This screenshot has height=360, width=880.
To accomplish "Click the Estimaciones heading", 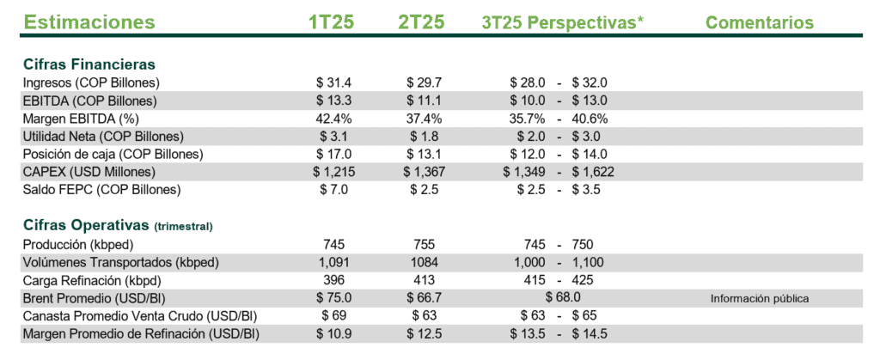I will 89,21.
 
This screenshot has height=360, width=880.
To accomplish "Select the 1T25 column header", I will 331,21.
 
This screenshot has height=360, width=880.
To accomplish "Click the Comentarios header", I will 759,21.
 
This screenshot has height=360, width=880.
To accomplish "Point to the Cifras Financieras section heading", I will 89,64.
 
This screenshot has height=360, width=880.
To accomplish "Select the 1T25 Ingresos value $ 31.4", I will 332,82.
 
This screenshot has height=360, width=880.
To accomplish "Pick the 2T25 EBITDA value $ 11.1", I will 422,101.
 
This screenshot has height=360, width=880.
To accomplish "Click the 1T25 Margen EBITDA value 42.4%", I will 332,118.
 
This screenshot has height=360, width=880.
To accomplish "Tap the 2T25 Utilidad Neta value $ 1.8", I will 422,136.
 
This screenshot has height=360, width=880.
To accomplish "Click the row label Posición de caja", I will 113,154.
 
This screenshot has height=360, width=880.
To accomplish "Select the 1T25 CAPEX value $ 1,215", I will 332,172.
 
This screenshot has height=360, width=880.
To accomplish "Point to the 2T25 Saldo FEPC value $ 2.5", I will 422,189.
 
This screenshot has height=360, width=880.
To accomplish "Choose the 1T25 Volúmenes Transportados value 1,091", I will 332,262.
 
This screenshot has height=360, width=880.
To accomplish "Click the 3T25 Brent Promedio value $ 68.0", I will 562,298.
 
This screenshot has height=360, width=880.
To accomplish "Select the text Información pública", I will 760,299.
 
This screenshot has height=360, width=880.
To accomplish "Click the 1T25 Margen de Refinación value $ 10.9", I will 332,333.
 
